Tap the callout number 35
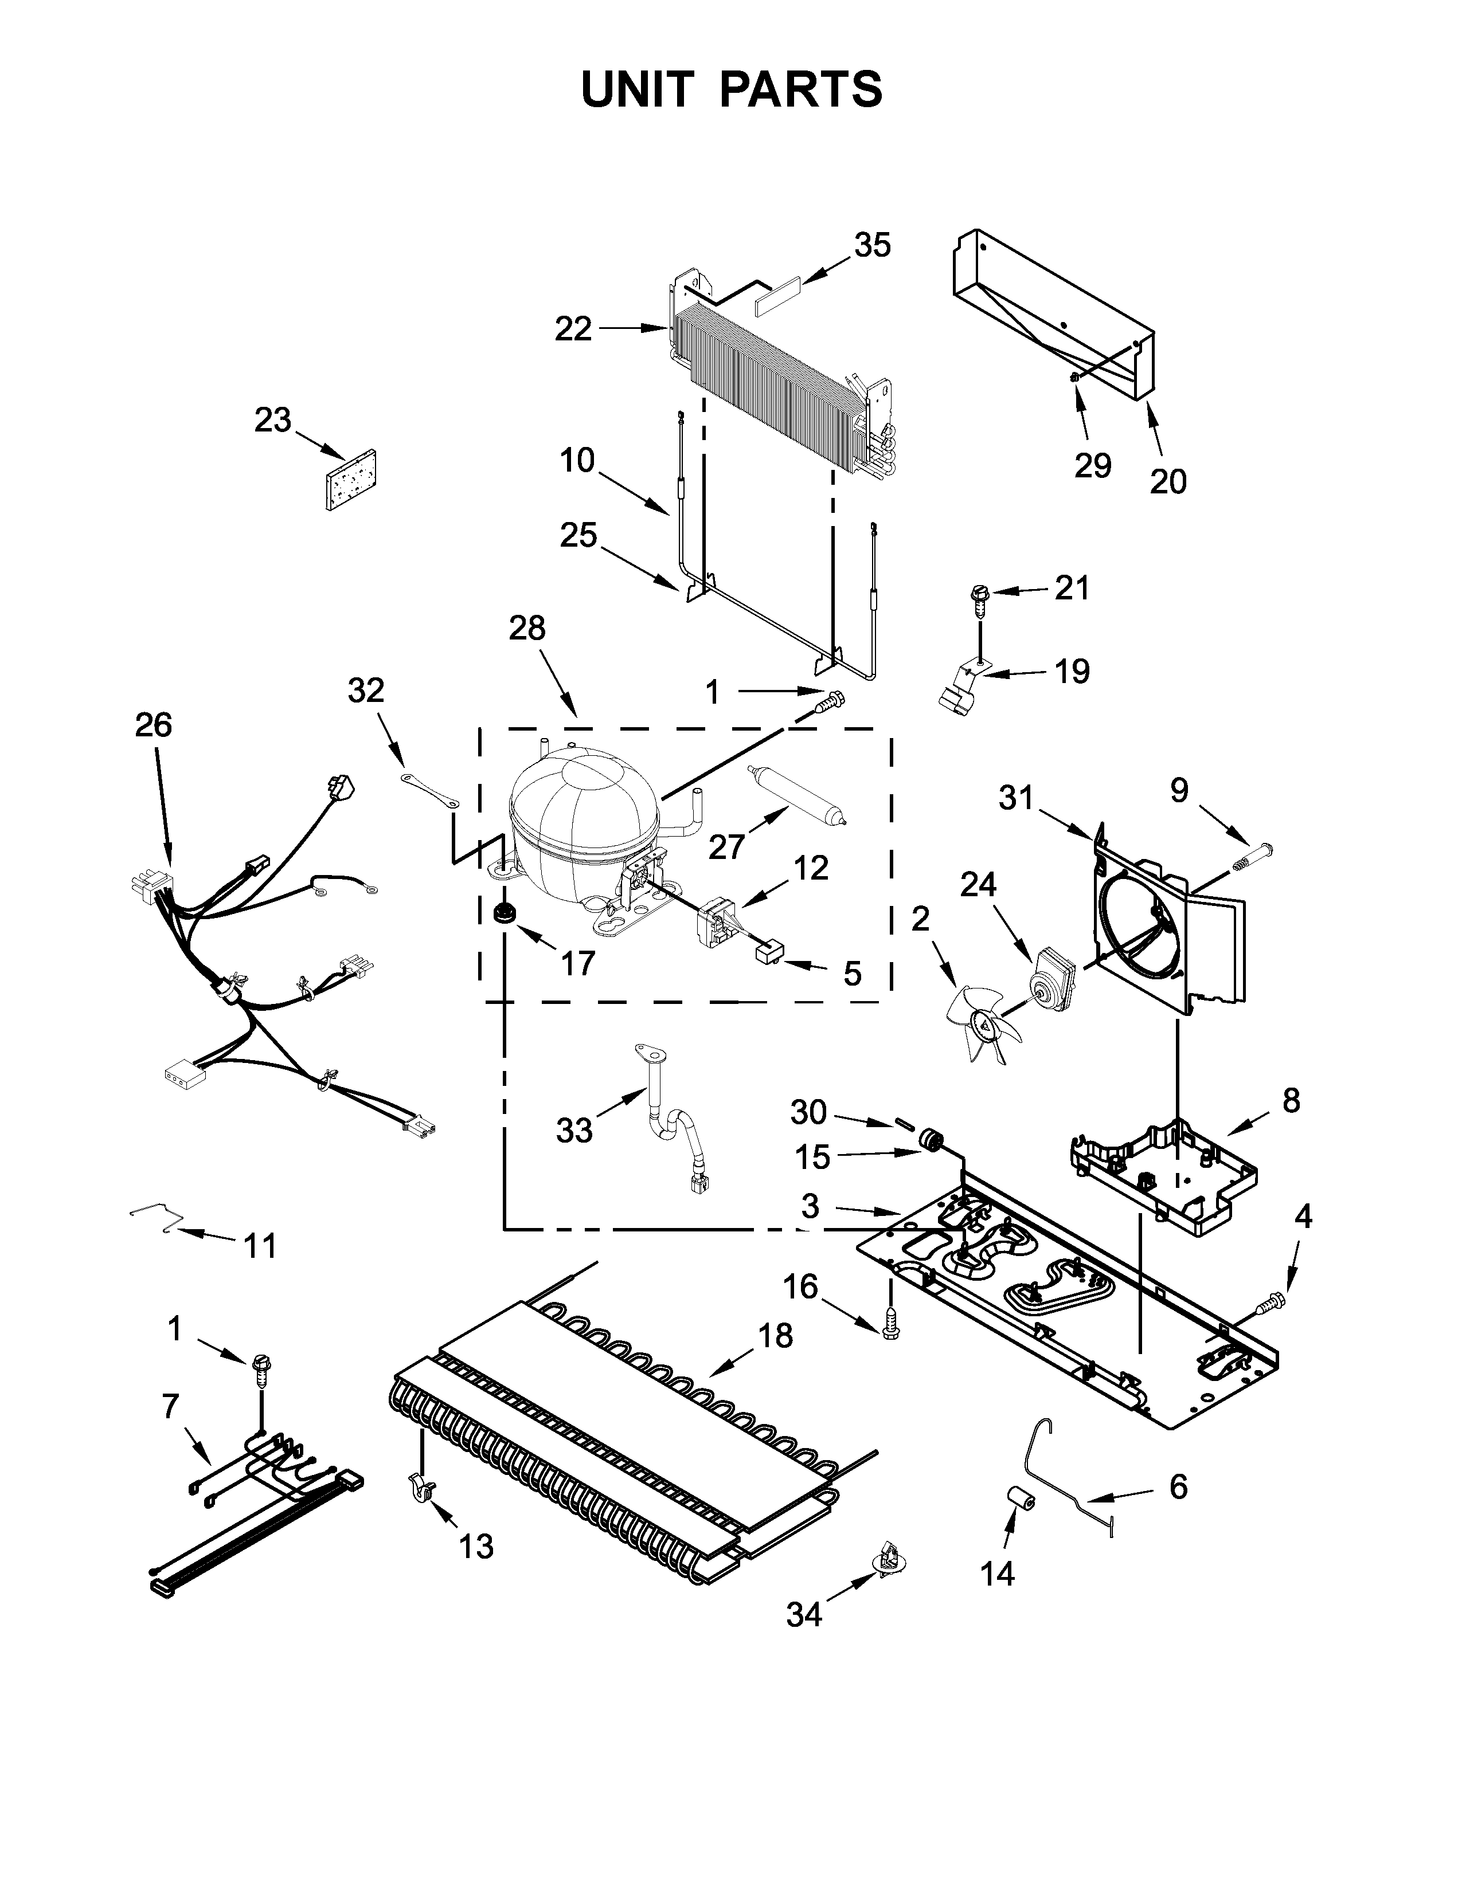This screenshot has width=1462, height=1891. click(872, 246)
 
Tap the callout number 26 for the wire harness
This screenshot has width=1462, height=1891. click(153, 725)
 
